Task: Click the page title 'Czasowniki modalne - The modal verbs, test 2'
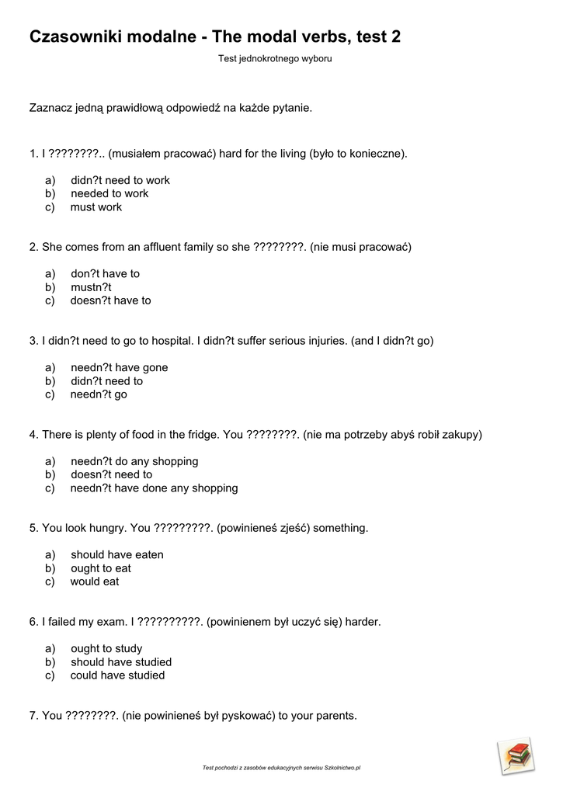click(215, 36)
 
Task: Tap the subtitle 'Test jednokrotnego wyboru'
click(275, 58)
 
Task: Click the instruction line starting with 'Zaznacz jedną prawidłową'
click(170, 108)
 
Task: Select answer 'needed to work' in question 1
click(109, 193)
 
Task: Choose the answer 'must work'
click(96, 207)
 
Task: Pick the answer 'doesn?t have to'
click(110, 300)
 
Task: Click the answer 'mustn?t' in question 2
click(92, 287)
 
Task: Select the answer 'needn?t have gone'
click(119, 367)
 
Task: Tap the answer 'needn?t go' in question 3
click(99, 394)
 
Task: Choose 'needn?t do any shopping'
click(134, 461)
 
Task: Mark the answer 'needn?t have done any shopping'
click(154, 488)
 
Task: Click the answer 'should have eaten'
click(117, 555)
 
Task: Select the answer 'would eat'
click(95, 581)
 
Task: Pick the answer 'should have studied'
click(121, 662)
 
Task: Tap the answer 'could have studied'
click(117, 675)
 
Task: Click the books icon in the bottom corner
click(516, 755)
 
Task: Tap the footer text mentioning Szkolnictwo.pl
click(281, 768)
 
